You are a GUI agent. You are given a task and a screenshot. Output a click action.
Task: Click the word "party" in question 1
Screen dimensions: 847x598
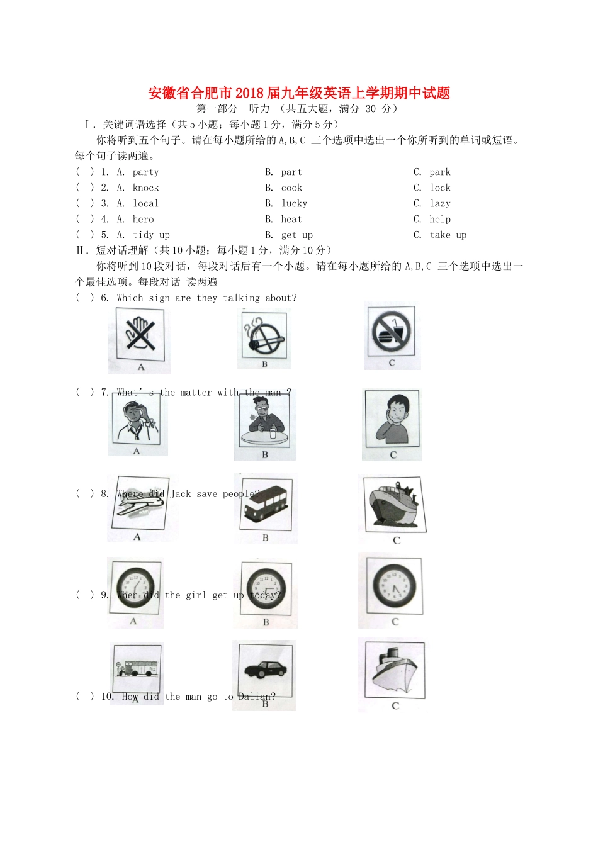145,172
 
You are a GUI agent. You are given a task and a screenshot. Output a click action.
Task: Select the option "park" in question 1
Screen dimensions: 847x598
440,172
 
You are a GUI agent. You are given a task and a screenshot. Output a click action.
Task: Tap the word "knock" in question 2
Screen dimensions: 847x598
145,188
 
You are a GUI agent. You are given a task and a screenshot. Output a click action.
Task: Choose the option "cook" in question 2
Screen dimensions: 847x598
291,188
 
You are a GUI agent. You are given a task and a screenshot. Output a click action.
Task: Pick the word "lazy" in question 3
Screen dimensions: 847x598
440,204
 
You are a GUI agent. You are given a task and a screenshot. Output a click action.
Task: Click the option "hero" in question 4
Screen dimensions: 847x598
143,220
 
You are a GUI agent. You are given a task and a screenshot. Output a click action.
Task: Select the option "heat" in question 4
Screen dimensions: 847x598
291,220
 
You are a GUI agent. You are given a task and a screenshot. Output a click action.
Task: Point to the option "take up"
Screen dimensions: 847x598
448,235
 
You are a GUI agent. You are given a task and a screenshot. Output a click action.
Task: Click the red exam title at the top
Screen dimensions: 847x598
299,93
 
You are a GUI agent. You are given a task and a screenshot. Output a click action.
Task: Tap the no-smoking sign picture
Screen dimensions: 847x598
265,337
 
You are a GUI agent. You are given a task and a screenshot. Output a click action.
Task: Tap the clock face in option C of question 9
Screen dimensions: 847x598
395,585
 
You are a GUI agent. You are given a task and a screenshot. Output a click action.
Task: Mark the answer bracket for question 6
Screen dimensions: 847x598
84,298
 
